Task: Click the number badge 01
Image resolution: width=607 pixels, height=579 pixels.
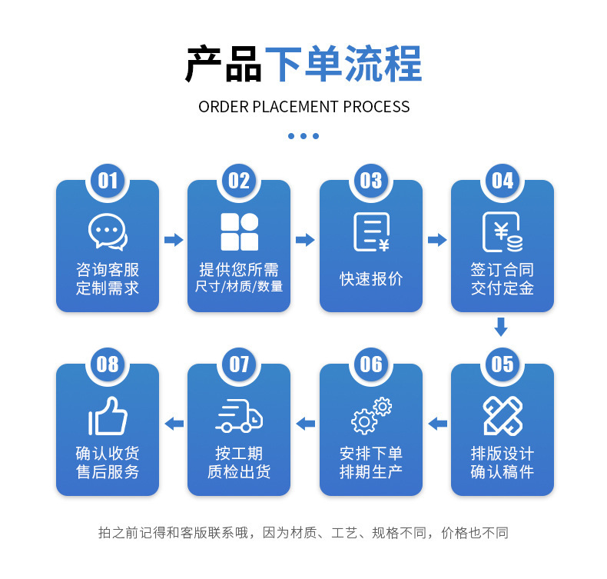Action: [108, 180]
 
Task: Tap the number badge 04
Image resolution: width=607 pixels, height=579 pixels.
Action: [502, 180]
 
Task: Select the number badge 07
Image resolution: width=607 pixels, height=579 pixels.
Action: [239, 364]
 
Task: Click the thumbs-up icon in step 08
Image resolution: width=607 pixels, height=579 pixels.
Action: [108, 416]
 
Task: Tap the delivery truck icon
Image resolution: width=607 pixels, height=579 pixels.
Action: [239, 416]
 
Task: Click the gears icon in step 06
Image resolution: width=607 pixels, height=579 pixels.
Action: [371, 416]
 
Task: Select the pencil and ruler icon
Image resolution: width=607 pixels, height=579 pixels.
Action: [503, 416]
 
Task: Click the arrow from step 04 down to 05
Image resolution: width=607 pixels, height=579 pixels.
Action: [501, 328]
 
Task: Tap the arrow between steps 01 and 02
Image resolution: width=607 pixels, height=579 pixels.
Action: [174, 240]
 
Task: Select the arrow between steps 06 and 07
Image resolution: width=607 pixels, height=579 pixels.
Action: [306, 423]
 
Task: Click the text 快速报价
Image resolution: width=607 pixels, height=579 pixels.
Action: [371, 278]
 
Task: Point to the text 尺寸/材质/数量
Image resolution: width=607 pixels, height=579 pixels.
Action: [239, 287]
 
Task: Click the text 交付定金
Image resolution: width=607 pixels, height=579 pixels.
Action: [502, 288]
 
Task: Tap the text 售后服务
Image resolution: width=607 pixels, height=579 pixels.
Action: [108, 472]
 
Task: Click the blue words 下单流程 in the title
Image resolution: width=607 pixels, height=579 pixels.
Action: [343, 65]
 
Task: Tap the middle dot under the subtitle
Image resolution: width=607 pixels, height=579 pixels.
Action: [303, 136]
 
